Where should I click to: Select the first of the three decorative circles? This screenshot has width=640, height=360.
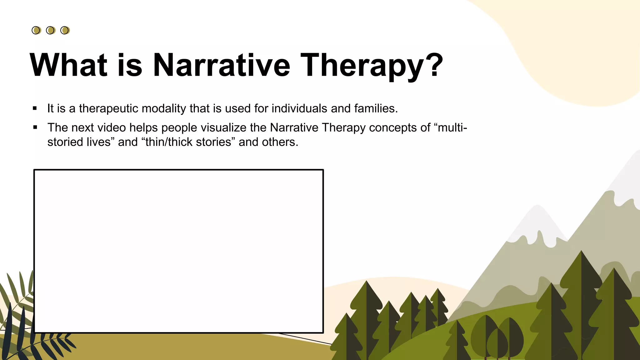click(36, 30)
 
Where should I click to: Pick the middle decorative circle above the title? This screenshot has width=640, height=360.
click(50, 30)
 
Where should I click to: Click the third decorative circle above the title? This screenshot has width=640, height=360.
click(65, 30)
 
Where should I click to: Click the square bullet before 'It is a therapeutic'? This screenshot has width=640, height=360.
click(35, 108)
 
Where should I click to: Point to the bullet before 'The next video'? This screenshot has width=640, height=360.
click(35, 127)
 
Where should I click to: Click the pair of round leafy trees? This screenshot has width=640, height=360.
click(497, 337)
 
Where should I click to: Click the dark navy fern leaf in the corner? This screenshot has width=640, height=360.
click(12, 331)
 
